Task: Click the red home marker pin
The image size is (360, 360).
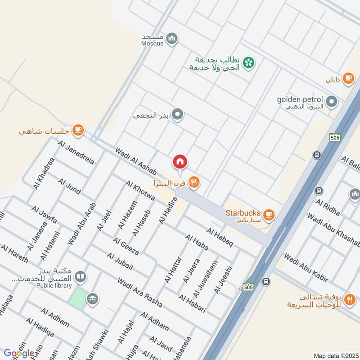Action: [180, 162]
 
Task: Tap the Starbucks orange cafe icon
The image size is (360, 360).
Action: [269, 214]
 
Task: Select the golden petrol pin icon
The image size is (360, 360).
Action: [332, 102]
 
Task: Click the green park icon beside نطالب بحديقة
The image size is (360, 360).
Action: [247, 63]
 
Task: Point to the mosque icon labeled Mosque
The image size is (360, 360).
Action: [171, 39]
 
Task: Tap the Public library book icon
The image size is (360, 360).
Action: [81, 276]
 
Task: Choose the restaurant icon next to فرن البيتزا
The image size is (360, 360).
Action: [194, 182]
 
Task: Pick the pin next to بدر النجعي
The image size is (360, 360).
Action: [178, 115]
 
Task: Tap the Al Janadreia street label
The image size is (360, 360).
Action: [76, 151]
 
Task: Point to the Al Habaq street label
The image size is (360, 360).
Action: [220, 237]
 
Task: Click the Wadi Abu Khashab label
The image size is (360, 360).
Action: [334, 230]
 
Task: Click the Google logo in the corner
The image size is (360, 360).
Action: [19, 353]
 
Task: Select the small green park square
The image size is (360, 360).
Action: [78, 298]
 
